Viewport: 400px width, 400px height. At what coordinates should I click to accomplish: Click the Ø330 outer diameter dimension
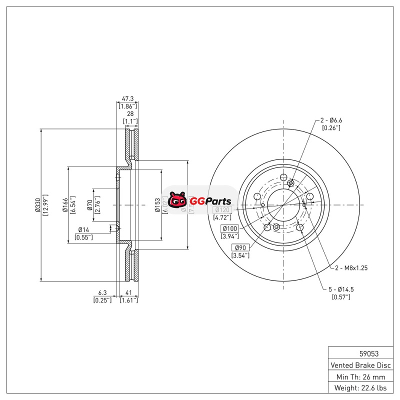37,205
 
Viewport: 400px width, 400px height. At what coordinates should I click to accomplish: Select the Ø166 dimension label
65,205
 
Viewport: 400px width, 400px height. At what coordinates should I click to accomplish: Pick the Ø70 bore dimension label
90,205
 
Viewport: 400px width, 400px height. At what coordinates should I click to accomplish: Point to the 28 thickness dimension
130,114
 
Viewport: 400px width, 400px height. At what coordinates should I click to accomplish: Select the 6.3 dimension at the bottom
102,293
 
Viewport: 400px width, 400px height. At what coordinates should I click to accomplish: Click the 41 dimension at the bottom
128,293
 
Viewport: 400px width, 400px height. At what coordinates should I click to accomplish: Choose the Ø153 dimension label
157,205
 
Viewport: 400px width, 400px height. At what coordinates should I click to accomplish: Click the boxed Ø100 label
230,228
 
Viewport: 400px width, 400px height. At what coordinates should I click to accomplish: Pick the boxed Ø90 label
240,248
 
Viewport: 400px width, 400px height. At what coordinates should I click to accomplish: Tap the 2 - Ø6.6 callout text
331,120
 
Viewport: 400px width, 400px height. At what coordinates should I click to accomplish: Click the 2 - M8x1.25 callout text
351,268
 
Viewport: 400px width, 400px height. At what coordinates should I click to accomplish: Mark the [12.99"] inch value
45,205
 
